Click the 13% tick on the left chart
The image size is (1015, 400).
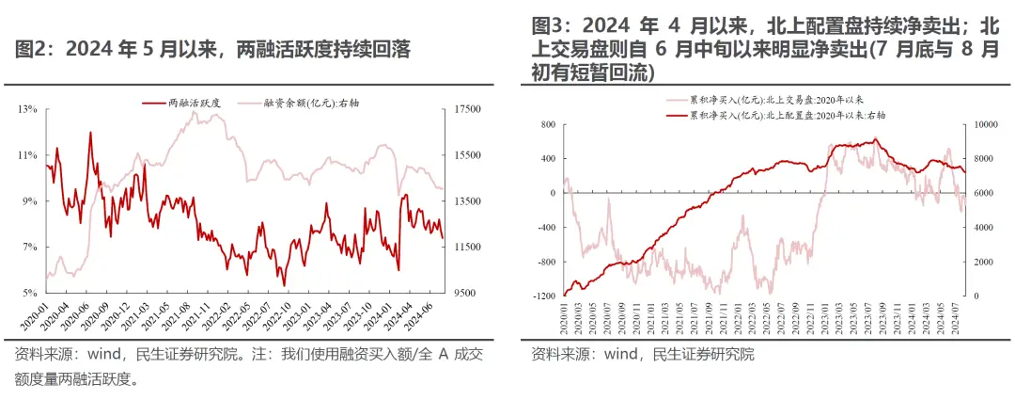(27, 110)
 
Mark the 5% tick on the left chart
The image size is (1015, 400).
(29, 293)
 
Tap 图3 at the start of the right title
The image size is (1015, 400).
(549, 24)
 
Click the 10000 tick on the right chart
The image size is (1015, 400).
(983, 123)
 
